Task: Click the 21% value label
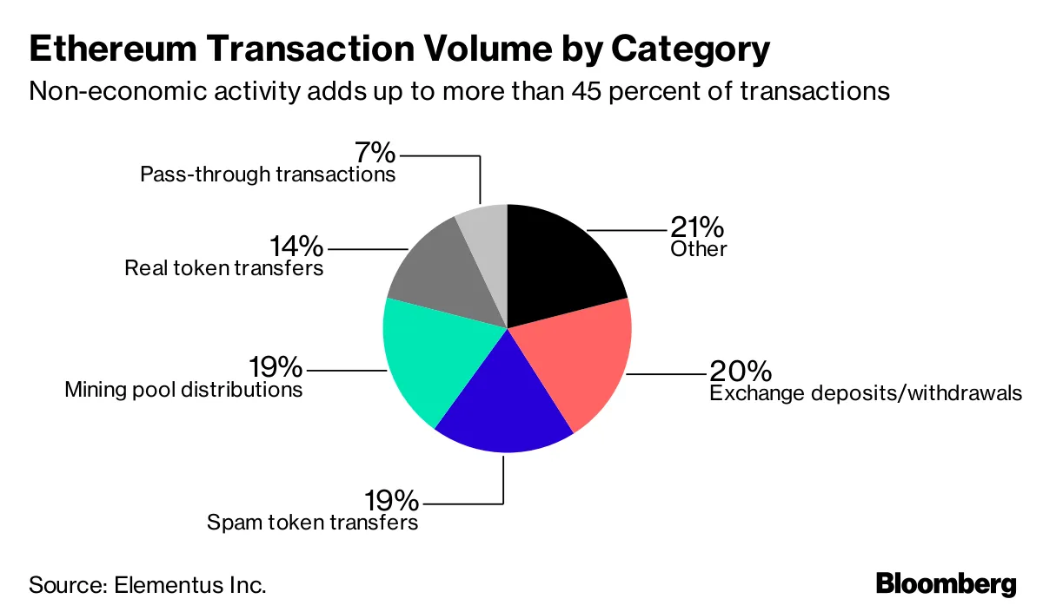pyautogui.click(x=696, y=227)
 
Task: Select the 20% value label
pyautogui.click(x=741, y=372)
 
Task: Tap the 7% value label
pyautogui.click(x=375, y=154)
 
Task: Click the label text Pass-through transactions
pyautogui.click(x=268, y=174)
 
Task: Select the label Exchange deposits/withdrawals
pyautogui.click(x=865, y=393)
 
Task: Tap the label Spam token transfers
pyautogui.click(x=312, y=523)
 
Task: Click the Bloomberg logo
pyautogui.click(x=945, y=584)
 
